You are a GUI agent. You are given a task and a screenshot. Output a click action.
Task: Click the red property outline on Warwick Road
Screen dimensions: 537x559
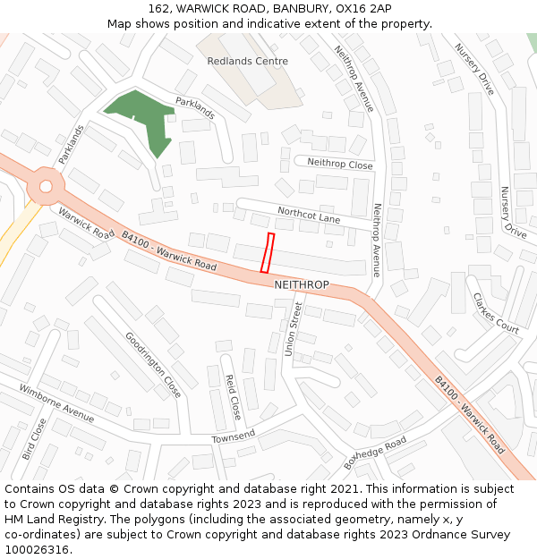pyautogui.click(x=267, y=252)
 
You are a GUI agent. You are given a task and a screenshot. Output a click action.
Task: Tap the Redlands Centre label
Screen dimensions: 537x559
pyautogui.click(x=247, y=62)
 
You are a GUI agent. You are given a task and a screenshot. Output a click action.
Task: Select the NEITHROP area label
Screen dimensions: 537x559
pyautogui.click(x=302, y=284)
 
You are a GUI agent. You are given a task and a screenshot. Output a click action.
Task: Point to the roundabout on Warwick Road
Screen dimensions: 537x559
pyautogui.click(x=44, y=187)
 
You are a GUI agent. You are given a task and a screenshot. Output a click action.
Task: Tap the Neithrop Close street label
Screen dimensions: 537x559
pyautogui.click(x=339, y=164)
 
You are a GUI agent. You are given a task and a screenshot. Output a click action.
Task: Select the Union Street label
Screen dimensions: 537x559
pyautogui.click(x=294, y=329)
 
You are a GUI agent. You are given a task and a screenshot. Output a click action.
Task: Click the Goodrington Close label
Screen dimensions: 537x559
pyautogui.click(x=153, y=365)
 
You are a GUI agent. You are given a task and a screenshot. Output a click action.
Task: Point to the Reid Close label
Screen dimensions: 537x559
pyautogui.click(x=231, y=397)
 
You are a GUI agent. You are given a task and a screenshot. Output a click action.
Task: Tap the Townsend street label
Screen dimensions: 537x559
pyautogui.click(x=234, y=436)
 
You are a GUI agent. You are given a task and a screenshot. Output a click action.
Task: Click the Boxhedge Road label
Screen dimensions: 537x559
pyautogui.click(x=375, y=453)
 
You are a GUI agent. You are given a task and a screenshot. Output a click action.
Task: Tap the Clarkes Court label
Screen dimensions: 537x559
pyautogui.click(x=495, y=313)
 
